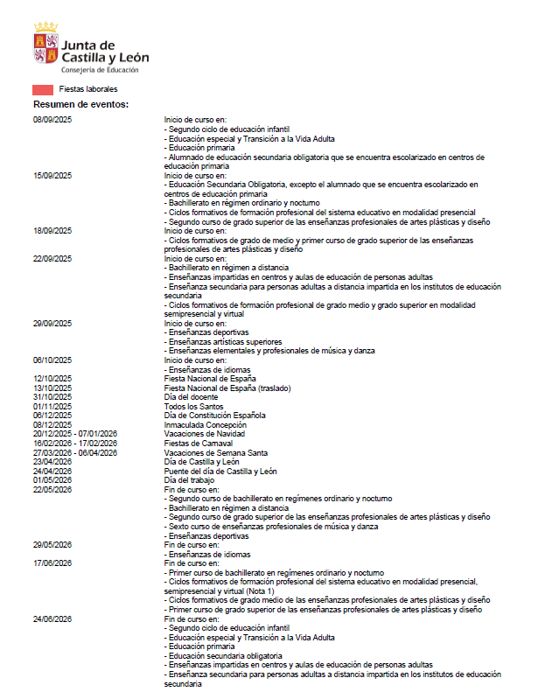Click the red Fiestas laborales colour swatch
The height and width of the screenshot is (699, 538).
coord(43,90)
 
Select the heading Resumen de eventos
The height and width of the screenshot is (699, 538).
coord(80,105)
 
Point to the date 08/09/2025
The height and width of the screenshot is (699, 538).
coord(52,118)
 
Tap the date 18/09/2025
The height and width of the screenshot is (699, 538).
coord(52,231)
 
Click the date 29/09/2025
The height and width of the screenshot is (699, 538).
coord(52,324)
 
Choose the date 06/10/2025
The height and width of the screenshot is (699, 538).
coord(52,360)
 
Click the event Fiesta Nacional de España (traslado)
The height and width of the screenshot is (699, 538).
coord(227,388)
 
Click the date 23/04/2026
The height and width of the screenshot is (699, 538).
coord(52,462)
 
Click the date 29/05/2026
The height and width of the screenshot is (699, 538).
coord(52,545)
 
